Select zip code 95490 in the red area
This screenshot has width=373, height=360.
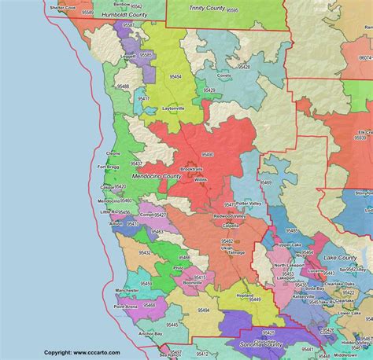(207, 155)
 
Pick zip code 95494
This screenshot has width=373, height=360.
(203, 310)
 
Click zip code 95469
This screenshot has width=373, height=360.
(265, 182)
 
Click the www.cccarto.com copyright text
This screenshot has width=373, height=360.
(82, 353)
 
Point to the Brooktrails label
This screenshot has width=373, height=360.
(191, 169)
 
